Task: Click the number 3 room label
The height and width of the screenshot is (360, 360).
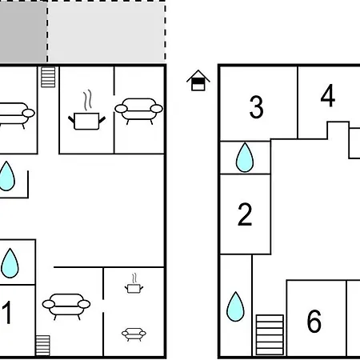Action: (256, 107)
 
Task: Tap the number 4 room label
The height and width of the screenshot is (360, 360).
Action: (328, 95)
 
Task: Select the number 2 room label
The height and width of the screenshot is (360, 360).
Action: (245, 214)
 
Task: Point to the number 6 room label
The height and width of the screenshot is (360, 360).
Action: (314, 321)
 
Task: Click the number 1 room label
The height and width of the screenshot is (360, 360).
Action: (7, 312)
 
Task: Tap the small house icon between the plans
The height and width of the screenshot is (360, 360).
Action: (198, 80)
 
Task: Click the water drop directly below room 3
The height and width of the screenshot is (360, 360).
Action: (245, 158)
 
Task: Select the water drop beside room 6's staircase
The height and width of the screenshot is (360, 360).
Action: (235, 306)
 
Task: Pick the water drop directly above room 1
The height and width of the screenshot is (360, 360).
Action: (10, 263)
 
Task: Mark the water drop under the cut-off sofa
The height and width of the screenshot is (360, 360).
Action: (6, 176)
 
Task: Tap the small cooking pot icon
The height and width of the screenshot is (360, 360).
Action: (134, 283)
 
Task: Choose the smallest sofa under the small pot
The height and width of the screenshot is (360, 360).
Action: (134, 334)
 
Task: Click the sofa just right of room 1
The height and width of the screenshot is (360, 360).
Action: (66, 306)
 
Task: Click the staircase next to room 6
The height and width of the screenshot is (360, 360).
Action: (270, 334)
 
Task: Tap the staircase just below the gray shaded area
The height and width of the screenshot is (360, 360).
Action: (48, 77)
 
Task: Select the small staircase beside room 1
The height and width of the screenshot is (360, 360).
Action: (42, 346)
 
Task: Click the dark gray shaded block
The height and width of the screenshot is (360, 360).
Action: (23, 31)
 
